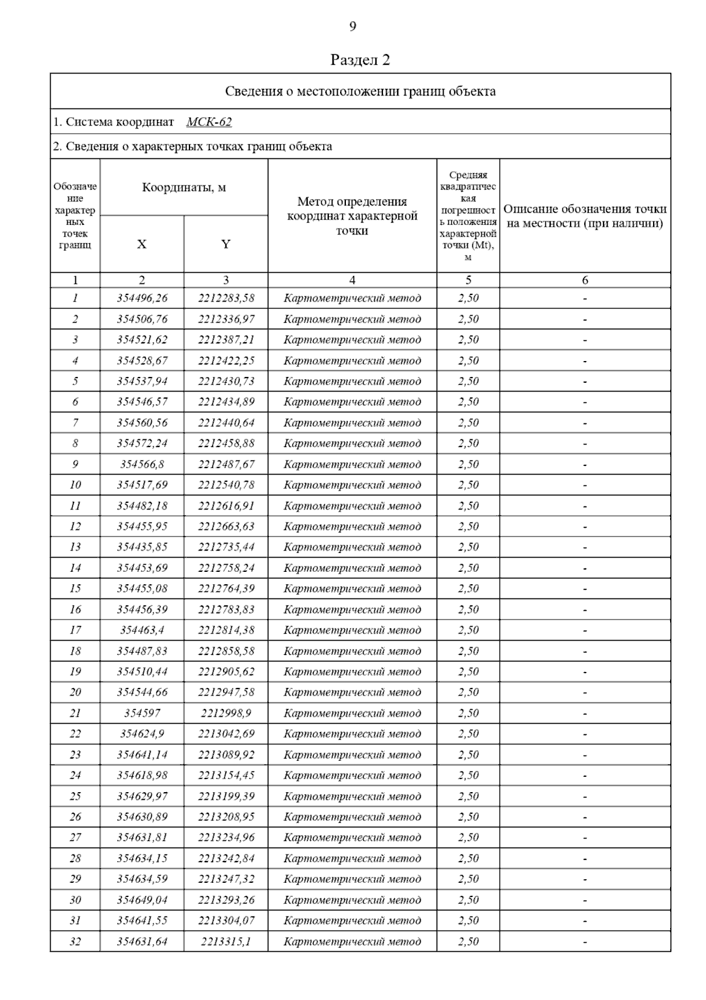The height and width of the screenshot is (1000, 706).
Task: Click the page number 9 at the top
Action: [352, 27]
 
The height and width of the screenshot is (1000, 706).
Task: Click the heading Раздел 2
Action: [360, 60]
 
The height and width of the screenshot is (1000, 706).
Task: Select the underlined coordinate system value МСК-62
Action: [209, 122]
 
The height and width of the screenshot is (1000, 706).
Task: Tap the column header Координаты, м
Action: [184, 188]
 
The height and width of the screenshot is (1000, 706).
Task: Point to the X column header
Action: [142, 244]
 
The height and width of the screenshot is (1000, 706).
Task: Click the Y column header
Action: [226, 244]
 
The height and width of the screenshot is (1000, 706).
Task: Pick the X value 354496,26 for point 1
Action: [142, 298]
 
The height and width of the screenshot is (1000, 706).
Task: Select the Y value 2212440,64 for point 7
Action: [226, 422]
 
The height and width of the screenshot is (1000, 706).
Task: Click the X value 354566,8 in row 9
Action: [142, 464]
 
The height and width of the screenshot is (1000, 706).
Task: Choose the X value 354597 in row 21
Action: [142, 713]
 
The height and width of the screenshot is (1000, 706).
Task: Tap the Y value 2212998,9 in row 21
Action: [226, 713]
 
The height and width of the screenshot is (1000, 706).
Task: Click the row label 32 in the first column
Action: [75, 941]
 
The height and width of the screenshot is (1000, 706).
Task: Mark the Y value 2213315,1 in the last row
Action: [226, 941]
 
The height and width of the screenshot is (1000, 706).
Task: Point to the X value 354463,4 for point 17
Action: [142, 630]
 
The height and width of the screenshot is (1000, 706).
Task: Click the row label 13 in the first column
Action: [75, 547]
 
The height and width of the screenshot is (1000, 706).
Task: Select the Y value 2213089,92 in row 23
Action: [226, 754]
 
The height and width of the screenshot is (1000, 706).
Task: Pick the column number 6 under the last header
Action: [585, 280]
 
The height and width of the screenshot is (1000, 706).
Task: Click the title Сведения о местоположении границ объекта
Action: [360, 91]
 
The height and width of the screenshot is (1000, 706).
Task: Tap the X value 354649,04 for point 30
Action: [142, 899]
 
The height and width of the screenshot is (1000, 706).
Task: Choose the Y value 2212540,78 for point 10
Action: [226, 485]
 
